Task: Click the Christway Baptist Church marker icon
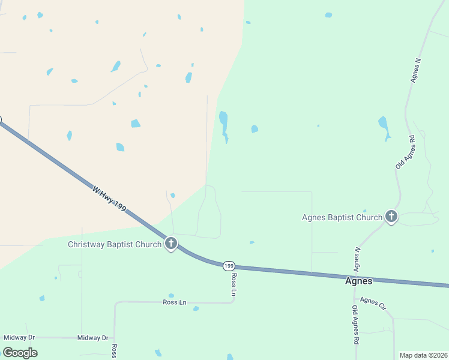click(x=171, y=244)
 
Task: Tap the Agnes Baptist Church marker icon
click(x=391, y=217)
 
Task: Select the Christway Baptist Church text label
click(x=115, y=244)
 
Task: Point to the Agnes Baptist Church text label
click(x=342, y=217)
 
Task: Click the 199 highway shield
click(x=228, y=265)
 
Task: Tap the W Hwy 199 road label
click(x=109, y=197)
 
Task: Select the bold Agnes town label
click(x=358, y=281)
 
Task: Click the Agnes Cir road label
click(x=373, y=303)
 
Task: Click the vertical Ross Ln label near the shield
click(x=234, y=284)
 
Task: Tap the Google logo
click(x=20, y=353)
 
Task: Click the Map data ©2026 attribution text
click(x=423, y=355)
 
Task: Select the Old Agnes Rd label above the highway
click(x=405, y=151)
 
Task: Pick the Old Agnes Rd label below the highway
click(x=355, y=325)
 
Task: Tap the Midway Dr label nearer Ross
click(x=92, y=338)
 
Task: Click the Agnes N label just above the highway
click(x=357, y=258)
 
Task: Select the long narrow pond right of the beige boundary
click(x=224, y=124)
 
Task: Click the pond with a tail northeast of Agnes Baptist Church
click(x=384, y=125)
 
